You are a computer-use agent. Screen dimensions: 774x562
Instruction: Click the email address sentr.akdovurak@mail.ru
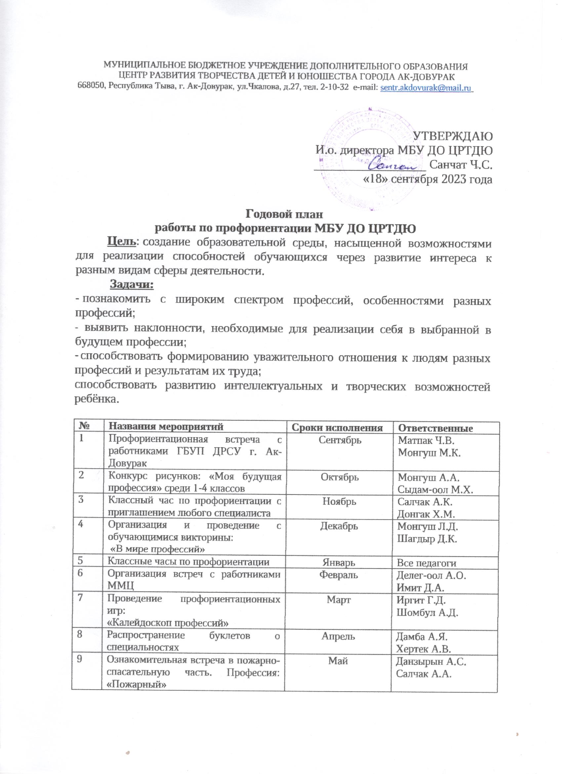(x=425, y=88)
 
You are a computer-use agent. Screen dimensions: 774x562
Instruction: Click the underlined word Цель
(x=122, y=243)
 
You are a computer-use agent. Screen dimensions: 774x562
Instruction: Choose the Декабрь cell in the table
(x=339, y=526)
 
